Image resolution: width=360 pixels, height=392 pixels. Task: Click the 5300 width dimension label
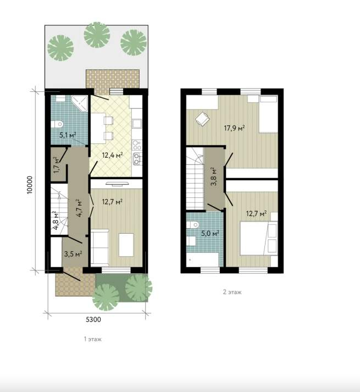[93, 319]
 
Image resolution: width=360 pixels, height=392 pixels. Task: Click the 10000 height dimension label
[30, 185]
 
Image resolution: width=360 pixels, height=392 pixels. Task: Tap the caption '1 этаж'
[92, 339]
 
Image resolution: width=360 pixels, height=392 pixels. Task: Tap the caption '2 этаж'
[232, 292]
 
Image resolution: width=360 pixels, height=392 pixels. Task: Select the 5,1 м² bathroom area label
[68, 135]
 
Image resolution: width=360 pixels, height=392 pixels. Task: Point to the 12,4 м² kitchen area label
[112, 155]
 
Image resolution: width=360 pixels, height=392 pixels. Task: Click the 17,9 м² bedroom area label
[234, 128]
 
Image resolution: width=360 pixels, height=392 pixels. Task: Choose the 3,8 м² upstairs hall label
[214, 176]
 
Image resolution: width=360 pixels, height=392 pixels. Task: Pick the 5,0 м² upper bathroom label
[211, 234]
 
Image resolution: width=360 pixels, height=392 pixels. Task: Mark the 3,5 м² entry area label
[73, 254]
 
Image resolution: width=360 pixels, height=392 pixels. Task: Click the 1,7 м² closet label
[57, 165]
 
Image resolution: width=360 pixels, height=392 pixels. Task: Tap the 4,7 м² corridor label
[79, 208]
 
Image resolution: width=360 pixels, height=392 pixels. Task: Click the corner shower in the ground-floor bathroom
[79, 103]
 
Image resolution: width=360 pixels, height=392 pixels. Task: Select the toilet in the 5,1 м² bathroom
[57, 124]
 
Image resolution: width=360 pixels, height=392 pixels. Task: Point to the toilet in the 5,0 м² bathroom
[192, 224]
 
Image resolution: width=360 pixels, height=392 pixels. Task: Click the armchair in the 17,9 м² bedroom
[202, 119]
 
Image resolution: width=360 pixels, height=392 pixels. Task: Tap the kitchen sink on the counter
[137, 123]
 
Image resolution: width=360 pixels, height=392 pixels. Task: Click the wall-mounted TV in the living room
[117, 184]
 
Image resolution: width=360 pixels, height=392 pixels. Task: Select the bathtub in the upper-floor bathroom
[203, 260]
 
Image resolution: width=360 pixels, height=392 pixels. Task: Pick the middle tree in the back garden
[97, 35]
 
